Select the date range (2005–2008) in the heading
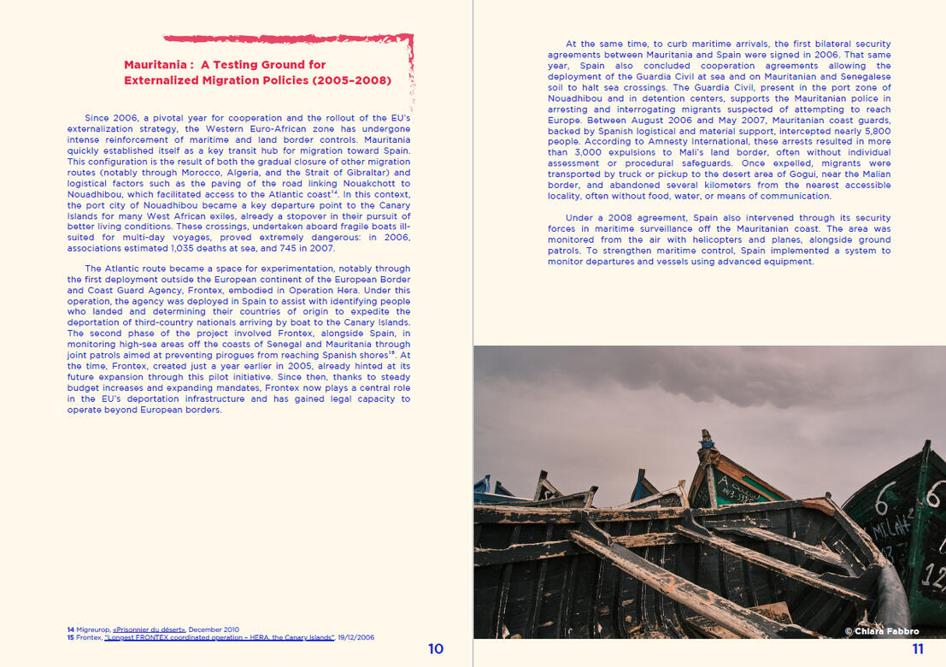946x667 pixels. pyautogui.click(x=351, y=80)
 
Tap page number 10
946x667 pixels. pyautogui.click(x=436, y=649)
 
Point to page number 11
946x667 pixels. pyautogui.click(x=918, y=649)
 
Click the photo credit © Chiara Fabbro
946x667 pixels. pyautogui.click(x=882, y=631)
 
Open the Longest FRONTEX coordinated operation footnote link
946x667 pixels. pyautogui.click(x=220, y=638)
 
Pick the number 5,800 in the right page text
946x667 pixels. pyautogui.click(x=873, y=131)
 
